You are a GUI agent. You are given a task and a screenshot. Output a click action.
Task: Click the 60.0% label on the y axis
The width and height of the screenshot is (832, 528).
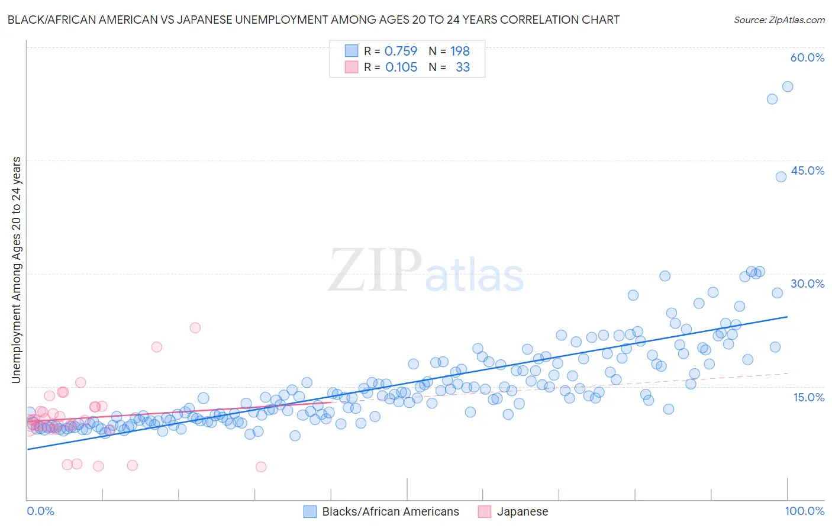point(807,57)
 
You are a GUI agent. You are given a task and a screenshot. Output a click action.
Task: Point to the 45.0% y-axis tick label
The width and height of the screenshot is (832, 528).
point(807,170)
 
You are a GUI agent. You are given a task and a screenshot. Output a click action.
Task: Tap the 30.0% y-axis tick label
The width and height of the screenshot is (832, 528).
point(807,284)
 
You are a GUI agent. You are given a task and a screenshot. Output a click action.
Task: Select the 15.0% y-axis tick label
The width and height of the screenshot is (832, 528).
point(808,397)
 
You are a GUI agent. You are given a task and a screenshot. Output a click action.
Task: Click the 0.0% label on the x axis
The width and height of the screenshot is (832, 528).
point(40,511)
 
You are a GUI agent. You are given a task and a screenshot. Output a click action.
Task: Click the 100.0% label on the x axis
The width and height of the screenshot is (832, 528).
point(804,511)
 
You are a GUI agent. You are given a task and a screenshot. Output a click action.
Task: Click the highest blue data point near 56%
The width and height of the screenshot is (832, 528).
point(787,86)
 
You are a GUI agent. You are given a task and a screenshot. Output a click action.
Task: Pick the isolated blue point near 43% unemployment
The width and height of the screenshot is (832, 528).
point(781,176)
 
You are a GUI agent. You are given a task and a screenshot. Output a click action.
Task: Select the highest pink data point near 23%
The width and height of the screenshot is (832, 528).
point(195,327)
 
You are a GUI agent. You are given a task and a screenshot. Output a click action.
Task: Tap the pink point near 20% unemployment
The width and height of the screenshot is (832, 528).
point(156,347)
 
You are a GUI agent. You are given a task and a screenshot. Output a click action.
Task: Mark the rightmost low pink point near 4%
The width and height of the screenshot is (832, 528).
point(260,466)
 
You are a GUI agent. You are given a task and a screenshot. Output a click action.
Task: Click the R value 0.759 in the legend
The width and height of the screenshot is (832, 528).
point(401,51)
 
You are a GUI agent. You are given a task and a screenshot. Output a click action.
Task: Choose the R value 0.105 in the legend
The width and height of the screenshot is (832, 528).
point(401,67)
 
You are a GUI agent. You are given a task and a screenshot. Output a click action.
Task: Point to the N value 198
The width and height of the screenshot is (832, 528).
point(460,51)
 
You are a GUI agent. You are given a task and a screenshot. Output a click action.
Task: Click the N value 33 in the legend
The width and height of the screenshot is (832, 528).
point(462,67)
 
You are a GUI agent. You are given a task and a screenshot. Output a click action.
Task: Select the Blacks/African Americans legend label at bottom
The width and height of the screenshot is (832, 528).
point(390,511)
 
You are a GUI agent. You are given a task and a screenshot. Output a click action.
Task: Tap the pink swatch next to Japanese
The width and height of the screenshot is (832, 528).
point(484,511)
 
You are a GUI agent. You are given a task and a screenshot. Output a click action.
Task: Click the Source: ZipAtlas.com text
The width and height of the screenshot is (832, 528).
point(779,20)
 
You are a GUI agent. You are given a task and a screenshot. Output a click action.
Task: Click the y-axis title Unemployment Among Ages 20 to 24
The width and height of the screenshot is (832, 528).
point(16,269)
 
